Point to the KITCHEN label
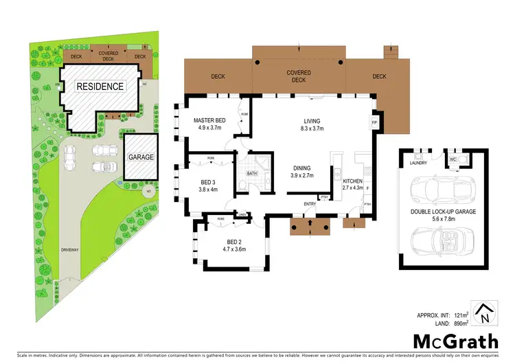(x=343, y=182)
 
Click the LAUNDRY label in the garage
(x=418, y=163)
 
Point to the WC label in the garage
(x=453, y=159)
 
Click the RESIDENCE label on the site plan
(x=100, y=87)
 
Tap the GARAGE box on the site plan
(x=141, y=157)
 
